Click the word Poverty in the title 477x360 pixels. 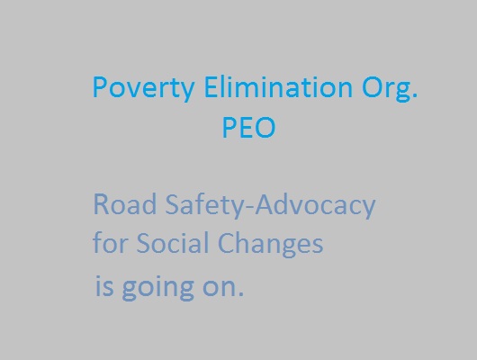pos(144,87)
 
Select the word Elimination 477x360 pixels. pos(278,86)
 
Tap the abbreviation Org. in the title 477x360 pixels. pos(390,88)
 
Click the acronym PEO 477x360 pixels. pos(248,128)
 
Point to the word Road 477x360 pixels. pos(125,204)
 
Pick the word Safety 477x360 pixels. pos(204,205)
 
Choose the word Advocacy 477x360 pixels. pos(315,205)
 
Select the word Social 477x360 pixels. pos(173,242)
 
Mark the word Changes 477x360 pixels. pos(270,245)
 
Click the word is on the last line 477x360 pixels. pos(104,285)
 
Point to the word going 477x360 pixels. pos(157,288)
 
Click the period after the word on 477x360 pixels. pos(241,293)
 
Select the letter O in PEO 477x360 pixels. pos(265,128)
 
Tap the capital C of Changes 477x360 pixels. pos(226,242)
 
